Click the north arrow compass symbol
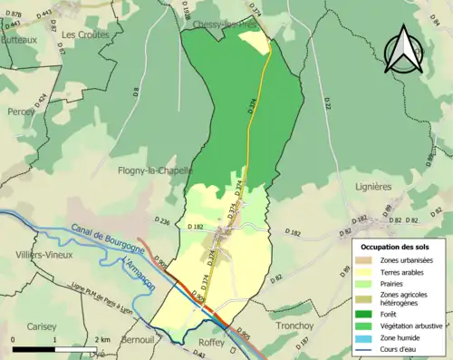403,51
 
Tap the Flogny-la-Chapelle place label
155,170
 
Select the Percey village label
21,112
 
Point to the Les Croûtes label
85,34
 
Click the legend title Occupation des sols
397,247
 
